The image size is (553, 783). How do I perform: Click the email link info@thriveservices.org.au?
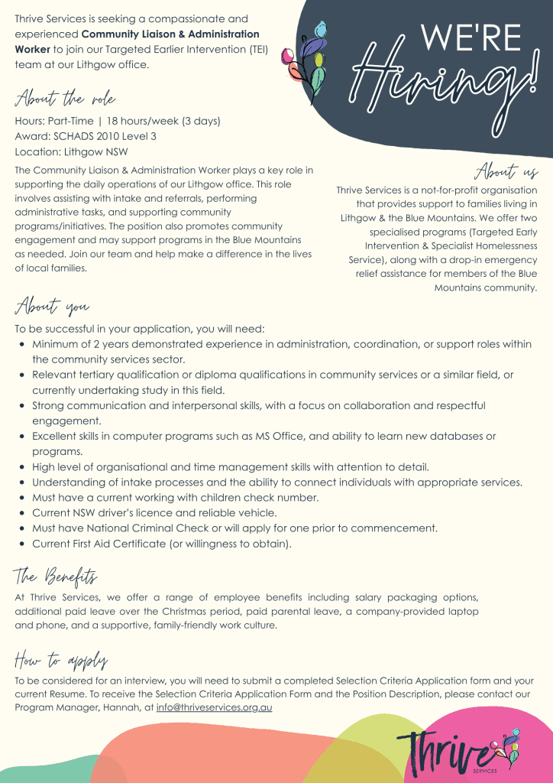tap(214, 707)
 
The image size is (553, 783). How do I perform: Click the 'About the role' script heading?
tap(65, 100)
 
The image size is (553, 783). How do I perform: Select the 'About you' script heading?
tap(52, 307)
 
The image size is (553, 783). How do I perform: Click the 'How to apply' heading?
tap(60, 659)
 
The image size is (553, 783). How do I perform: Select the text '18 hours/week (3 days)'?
tap(163, 122)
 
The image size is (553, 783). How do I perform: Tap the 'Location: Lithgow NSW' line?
tap(71, 151)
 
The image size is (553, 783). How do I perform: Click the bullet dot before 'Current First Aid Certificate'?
tap(22, 544)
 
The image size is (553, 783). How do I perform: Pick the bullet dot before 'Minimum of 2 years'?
tap(22, 345)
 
